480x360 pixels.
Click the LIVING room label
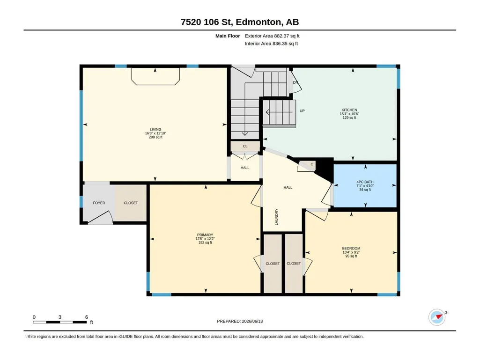[x=155, y=130]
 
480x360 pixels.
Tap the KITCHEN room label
[x=349, y=110]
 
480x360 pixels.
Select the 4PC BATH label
[x=365, y=182]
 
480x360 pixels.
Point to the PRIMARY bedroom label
[x=205, y=235]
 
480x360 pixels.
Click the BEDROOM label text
[x=351, y=248]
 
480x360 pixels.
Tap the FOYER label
[x=99, y=203]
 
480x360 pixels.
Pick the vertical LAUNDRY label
[x=276, y=217]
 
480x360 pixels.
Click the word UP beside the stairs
[x=302, y=111]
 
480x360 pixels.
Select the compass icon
[x=437, y=317]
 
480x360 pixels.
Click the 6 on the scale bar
[x=87, y=317]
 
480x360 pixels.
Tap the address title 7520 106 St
[x=207, y=22]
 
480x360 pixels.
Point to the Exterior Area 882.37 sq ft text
[x=272, y=36]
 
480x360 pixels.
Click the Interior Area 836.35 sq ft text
[x=271, y=44]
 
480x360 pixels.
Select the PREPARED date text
[x=240, y=321]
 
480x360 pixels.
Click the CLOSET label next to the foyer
[x=131, y=203]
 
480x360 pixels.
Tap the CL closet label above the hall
[x=245, y=147]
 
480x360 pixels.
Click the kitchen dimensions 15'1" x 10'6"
[x=349, y=114]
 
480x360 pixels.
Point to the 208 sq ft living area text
[x=155, y=137]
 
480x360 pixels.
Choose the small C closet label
[x=312, y=164]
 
